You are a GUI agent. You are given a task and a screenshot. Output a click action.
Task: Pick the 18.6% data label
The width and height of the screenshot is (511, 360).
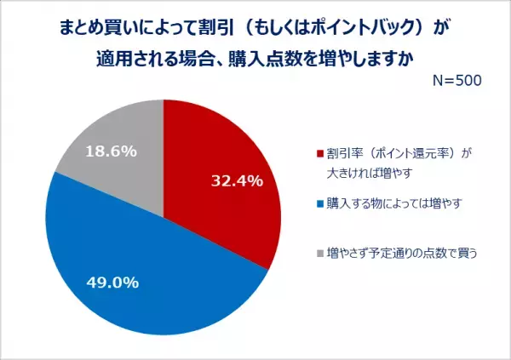(112, 149)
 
